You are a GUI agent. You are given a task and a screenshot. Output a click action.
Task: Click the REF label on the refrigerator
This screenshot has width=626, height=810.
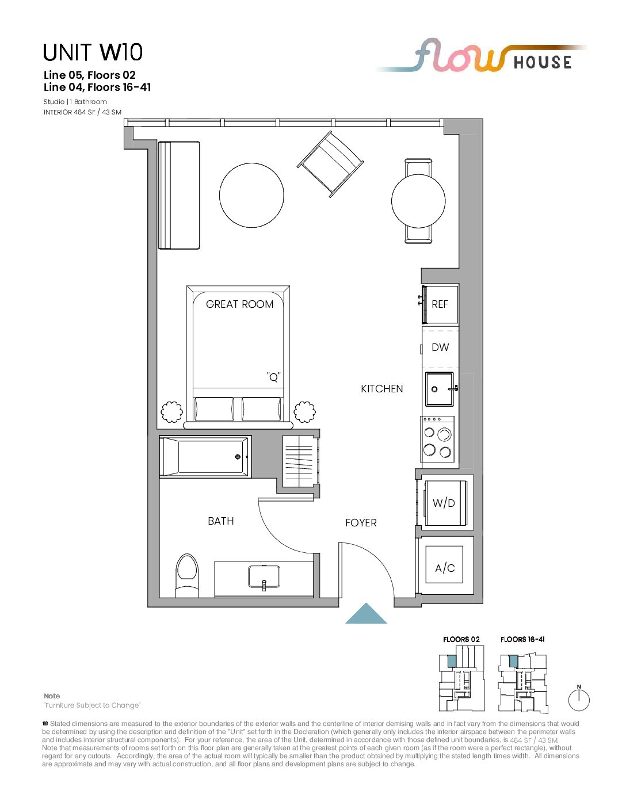pyautogui.click(x=439, y=304)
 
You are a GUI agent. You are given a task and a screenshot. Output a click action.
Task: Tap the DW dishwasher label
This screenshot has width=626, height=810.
pyautogui.click(x=440, y=347)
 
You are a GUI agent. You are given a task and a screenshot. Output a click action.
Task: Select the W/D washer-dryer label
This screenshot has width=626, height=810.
pyautogui.click(x=444, y=503)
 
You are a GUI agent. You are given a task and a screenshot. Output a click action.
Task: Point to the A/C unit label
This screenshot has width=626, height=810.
pyautogui.click(x=445, y=568)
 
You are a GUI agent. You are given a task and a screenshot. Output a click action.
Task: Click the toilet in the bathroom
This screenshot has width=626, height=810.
pyautogui.click(x=187, y=575)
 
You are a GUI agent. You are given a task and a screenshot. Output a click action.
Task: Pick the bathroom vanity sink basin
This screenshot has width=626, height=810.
pyautogui.click(x=264, y=576)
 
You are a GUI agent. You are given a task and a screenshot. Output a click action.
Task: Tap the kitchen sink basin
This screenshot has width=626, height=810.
pyautogui.click(x=440, y=389)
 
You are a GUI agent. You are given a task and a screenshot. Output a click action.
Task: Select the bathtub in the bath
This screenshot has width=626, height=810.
pyautogui.click(x=205, y=457)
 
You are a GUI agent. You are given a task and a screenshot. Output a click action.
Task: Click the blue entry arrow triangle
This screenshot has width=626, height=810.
pyautogui.click(x=366, y=614)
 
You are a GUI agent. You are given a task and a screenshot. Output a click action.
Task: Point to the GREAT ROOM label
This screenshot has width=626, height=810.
pyautogui.click(x=239, y=304)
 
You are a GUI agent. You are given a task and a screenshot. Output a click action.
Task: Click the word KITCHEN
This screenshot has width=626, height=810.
pyautogui.click(x=382, y=389)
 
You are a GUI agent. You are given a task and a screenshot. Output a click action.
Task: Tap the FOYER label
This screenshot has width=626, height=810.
pyautogui.click(x=361, y=523)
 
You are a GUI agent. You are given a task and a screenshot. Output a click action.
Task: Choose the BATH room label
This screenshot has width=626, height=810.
pyautogui.click(x=221, y=521)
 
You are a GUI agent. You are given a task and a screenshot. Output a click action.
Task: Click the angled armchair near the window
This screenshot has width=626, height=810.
pyautogui.click(x=330, y=164)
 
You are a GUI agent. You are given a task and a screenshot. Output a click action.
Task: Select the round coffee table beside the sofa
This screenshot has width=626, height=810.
pyautogui.click(x=251, y=195)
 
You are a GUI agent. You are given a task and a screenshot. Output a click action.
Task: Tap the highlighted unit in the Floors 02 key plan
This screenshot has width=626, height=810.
pyautogui.click(x=452, y=661)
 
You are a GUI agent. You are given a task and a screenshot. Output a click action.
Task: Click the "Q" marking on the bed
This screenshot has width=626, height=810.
pyautogui.click(x=274, y=377)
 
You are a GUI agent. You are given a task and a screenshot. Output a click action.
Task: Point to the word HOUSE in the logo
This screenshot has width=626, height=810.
pyautogui.click(x=543, y=62)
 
